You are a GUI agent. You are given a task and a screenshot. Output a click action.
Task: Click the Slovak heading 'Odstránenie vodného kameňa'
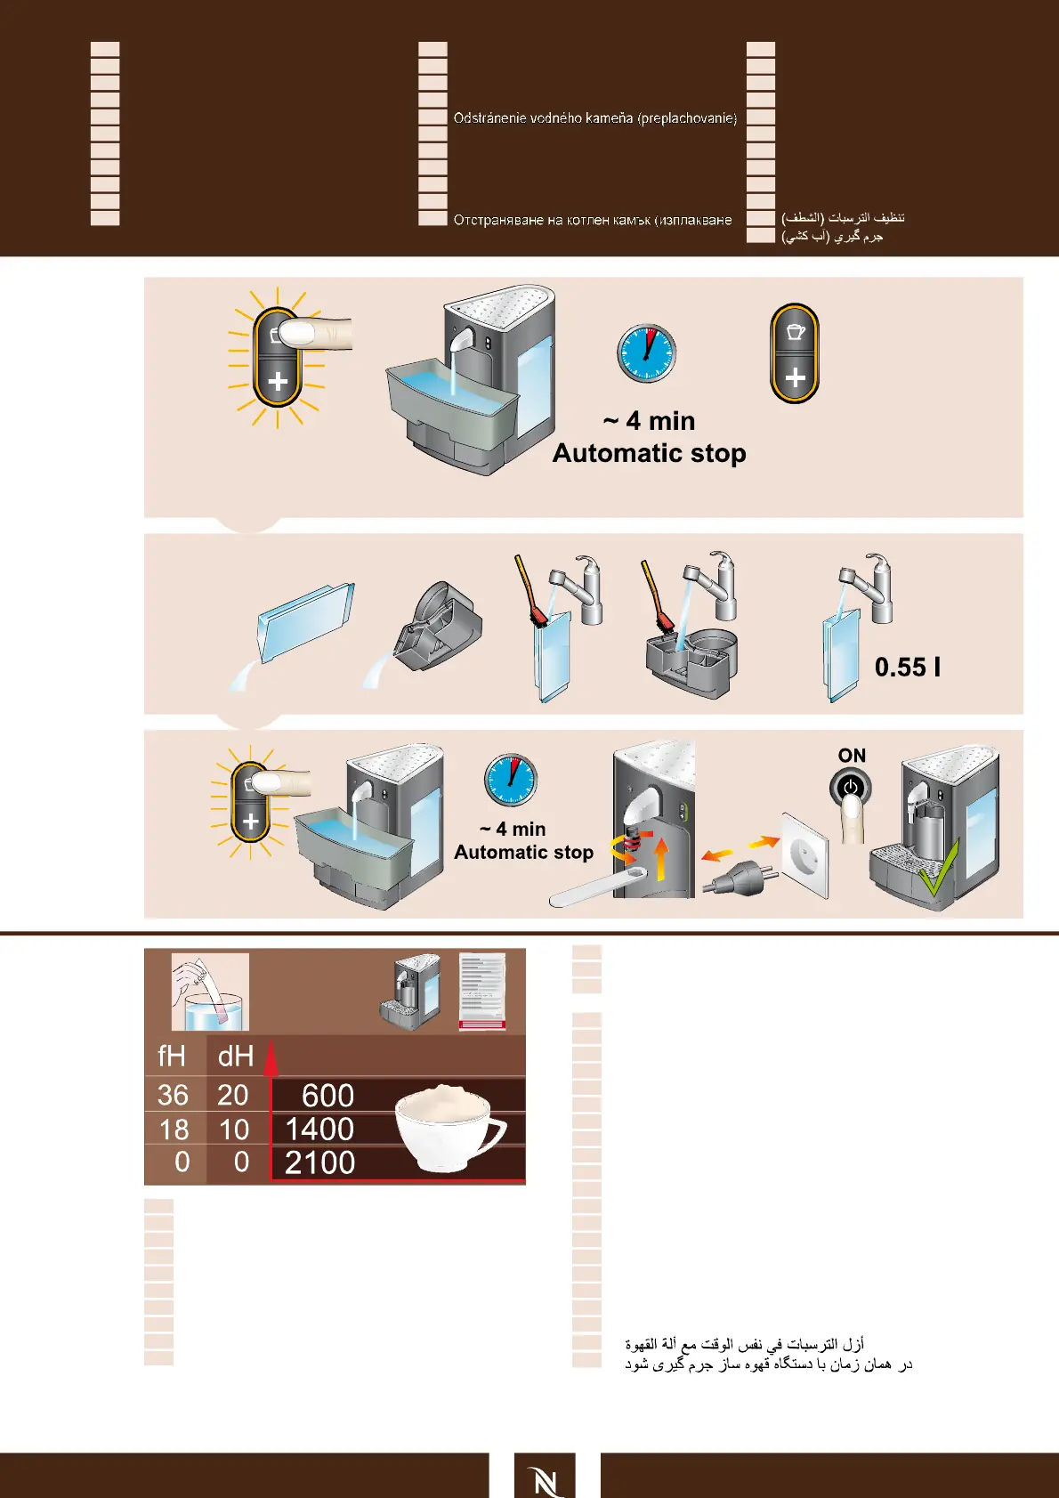click(x=594, y=117)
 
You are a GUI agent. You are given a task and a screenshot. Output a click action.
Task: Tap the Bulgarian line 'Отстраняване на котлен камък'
click(x=593, y=220)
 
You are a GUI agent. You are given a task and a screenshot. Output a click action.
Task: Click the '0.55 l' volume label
click(x=907, y=668)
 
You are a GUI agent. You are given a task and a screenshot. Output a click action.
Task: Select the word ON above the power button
click(x=852, y=756)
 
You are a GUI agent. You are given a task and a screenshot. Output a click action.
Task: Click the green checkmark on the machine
click(x=939, y=870)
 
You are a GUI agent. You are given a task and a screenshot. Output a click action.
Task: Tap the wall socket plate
click(x=805, y=853)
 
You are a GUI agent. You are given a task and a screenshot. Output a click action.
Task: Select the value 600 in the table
click(x=327, y=1095)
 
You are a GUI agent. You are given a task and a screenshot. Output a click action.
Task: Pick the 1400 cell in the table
click(x=319, y=1129)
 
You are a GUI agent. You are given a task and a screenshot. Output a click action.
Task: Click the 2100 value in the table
click(x=319, y=1162)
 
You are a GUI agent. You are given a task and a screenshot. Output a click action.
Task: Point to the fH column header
click(x=172, y=1057)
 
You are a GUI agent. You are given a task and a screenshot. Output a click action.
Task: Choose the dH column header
click(x=236, y=1057)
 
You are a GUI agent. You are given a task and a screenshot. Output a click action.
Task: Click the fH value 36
click(x=174, y=1095)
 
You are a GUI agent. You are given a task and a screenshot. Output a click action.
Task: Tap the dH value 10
click(x=234, y=1130)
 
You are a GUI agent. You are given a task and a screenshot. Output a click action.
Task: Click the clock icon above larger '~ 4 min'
click(x=647, y=353)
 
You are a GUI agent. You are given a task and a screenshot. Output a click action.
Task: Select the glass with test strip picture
click(x=210, y=992)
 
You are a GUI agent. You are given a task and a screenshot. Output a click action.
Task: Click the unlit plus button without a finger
click(x=795, y=353)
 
